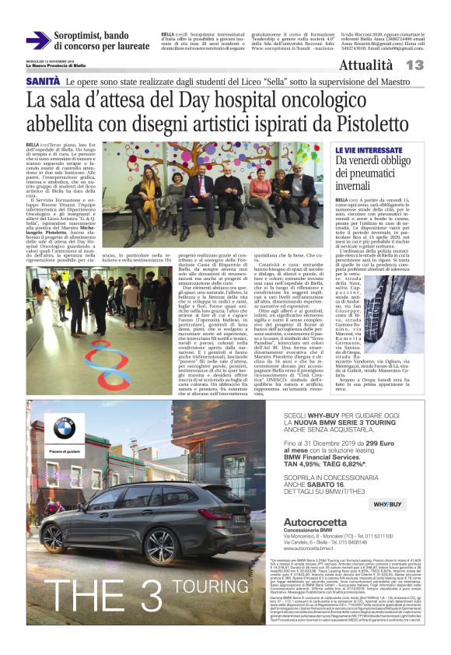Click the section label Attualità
pos(386,65)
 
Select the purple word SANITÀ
pos(44,81)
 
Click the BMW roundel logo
pos(64,426)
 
